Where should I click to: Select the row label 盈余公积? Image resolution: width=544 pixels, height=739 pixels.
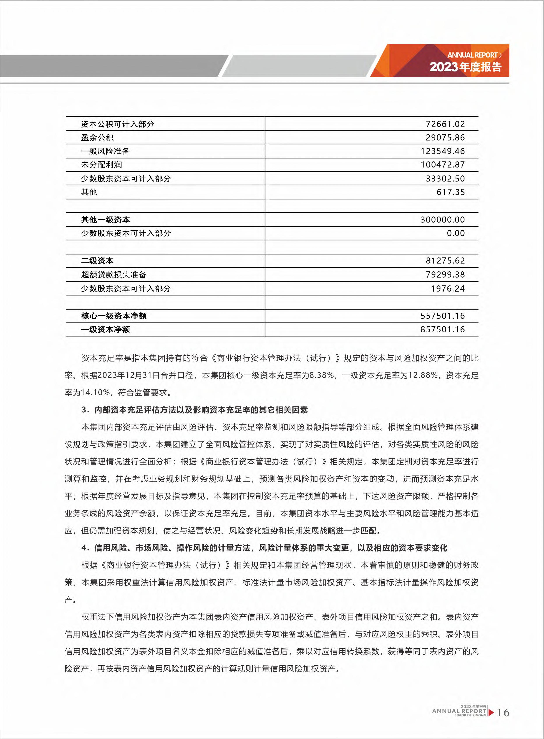97,138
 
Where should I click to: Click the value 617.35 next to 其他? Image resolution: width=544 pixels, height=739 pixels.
450,192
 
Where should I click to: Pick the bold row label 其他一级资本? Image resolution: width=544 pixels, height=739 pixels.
105,220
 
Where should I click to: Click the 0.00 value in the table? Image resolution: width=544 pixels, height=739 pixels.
456,233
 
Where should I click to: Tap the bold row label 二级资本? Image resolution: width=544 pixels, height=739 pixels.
97,261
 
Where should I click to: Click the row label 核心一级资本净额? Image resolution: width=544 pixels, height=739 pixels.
114,316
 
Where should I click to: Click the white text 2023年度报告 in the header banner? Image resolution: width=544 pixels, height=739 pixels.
465,67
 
